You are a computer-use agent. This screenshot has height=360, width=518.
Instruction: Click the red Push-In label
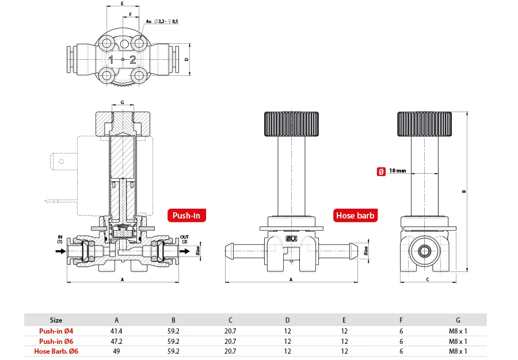[x=186, y=216]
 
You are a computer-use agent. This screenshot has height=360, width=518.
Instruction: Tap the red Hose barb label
[x=355, y=216]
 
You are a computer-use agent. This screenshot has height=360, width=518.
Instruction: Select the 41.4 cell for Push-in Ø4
[x=117, y=331]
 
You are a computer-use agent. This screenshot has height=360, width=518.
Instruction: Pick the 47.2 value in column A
[x=117, y=341]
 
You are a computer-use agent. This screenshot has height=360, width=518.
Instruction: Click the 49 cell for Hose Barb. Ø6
[x=117, y=351]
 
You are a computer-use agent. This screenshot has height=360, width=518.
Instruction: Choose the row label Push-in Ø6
[x=56, y=341]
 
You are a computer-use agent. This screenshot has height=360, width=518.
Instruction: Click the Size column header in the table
[x=56, y=320]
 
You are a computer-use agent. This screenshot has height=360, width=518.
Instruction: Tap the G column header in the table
[x=458, y=320]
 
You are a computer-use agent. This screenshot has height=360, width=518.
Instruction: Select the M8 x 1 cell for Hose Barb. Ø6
[x=458, y=351]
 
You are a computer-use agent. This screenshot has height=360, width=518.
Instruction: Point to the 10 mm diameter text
[x=397, y=171]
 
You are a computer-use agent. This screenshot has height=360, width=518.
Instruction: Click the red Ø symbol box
[x=380, y=171]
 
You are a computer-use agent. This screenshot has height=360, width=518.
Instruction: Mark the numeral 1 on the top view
[x=111, y=59]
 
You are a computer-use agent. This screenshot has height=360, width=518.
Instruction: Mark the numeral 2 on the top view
[x=133, y=59]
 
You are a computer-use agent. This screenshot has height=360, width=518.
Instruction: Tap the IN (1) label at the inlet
[x=59, y=239]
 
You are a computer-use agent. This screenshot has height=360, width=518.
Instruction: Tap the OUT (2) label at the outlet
[x=184, y=239]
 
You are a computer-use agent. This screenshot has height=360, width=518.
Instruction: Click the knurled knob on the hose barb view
[x=291, y=122]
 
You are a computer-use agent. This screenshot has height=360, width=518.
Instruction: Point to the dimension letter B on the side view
[x=463, y=192]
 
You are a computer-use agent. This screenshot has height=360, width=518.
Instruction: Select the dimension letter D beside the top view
[x=186, y=59]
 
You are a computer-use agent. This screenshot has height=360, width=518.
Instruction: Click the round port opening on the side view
[x=425, y=250]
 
